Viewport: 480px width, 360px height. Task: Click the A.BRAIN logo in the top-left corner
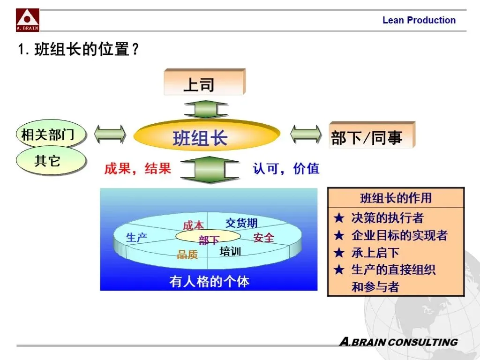(x=28, y=20)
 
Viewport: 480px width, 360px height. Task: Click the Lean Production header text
(x=419, y=20)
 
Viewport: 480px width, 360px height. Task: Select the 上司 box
(x=203, y=83)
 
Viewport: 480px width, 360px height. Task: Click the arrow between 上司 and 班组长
(x=206, y=110)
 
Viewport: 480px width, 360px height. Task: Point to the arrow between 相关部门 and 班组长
(x=110, y=135)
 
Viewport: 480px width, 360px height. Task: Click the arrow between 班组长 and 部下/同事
(x=306, y=135)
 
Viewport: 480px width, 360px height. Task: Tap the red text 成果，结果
(x=137, y=169)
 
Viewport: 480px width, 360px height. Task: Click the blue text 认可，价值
(x=286, y=169)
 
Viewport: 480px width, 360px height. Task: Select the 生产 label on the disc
(x=137, y=238)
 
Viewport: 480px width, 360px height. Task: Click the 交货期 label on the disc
(x=241, y=223)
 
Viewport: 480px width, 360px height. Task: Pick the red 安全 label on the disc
(x=263, y=238)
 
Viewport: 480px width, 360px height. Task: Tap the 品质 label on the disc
(x=187, y=255)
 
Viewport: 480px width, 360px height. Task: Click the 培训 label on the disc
(x=230, y=252)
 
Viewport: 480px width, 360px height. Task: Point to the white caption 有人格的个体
(x=209, y=281)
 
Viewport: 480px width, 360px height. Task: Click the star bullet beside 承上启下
(x=339, y=253)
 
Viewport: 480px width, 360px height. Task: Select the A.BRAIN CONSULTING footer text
(x=398, y=342)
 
